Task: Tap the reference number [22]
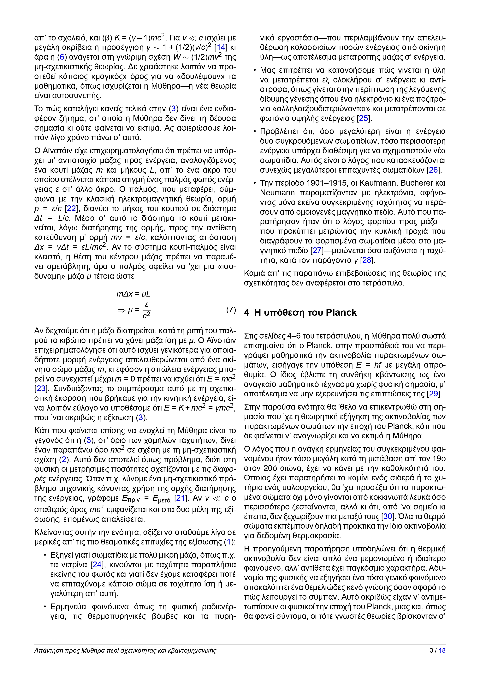pyautogui.click(x=71, y=209)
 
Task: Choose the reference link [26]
pyautogui.click(x=433, y=170)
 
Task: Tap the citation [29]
pyautogui.click(x=434, y=394)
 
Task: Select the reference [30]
pyautogui.click(x=388, y=516)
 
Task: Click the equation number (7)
pyautogui.click(x=231, y=310)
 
